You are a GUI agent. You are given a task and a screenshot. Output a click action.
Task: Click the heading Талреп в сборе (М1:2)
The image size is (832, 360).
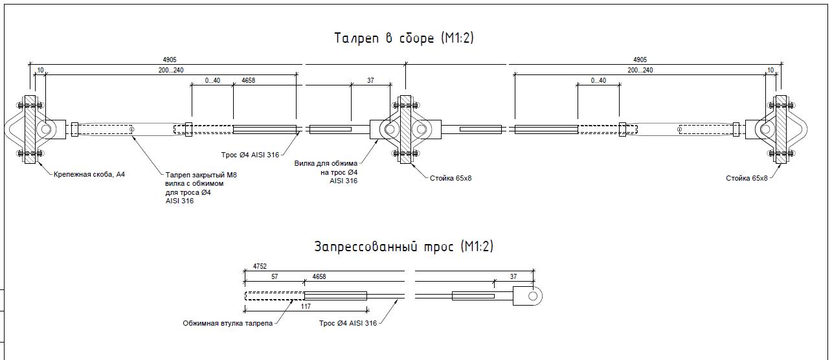[404, 38]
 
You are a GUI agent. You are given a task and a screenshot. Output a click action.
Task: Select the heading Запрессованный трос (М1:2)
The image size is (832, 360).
[404, 247]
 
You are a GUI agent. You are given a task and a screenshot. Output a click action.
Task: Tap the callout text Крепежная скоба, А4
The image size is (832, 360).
[89, 175]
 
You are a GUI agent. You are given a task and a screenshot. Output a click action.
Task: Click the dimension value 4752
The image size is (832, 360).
[260, 266]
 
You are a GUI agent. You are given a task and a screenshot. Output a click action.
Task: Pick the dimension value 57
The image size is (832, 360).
[275, 276]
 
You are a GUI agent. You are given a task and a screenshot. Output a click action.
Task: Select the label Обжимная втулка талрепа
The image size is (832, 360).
[227, 322]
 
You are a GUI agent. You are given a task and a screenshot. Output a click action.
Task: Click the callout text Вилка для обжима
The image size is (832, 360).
[326, 164]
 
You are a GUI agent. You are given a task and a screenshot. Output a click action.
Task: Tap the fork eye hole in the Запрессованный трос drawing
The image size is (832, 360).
[533, 296]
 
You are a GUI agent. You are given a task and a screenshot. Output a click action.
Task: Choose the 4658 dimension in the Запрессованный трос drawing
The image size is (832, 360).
[319, 276]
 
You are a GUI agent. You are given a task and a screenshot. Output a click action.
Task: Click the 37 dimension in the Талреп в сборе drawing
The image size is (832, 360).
[370, 80]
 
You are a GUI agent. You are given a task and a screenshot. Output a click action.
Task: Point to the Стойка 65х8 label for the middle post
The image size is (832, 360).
[451, 177]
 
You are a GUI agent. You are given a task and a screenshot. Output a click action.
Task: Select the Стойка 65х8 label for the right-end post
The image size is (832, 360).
[747, 177]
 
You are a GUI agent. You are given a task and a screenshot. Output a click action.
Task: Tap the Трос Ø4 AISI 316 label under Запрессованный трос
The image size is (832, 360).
[348, 322]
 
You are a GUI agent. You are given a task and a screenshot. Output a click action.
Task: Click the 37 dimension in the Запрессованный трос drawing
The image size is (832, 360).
[513, 276]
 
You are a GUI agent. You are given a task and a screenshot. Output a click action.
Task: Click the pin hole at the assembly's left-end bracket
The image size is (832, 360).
[45, 129]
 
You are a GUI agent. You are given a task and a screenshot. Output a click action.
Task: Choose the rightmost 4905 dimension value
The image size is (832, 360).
[640, 60]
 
